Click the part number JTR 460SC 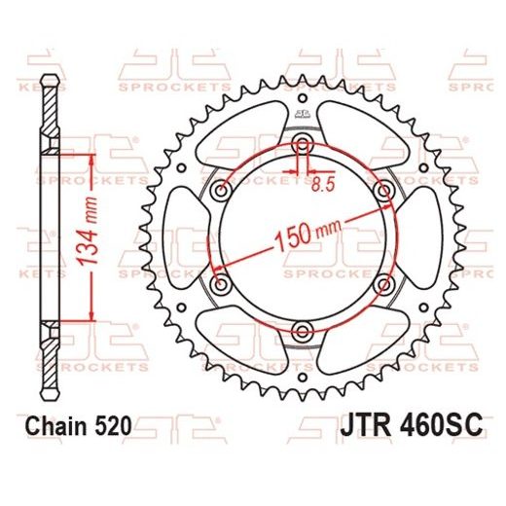point(413,426)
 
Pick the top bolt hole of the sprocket point(301,146)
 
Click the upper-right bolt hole point(382,189)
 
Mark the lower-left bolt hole point(220,283)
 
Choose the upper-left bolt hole point(220,189)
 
